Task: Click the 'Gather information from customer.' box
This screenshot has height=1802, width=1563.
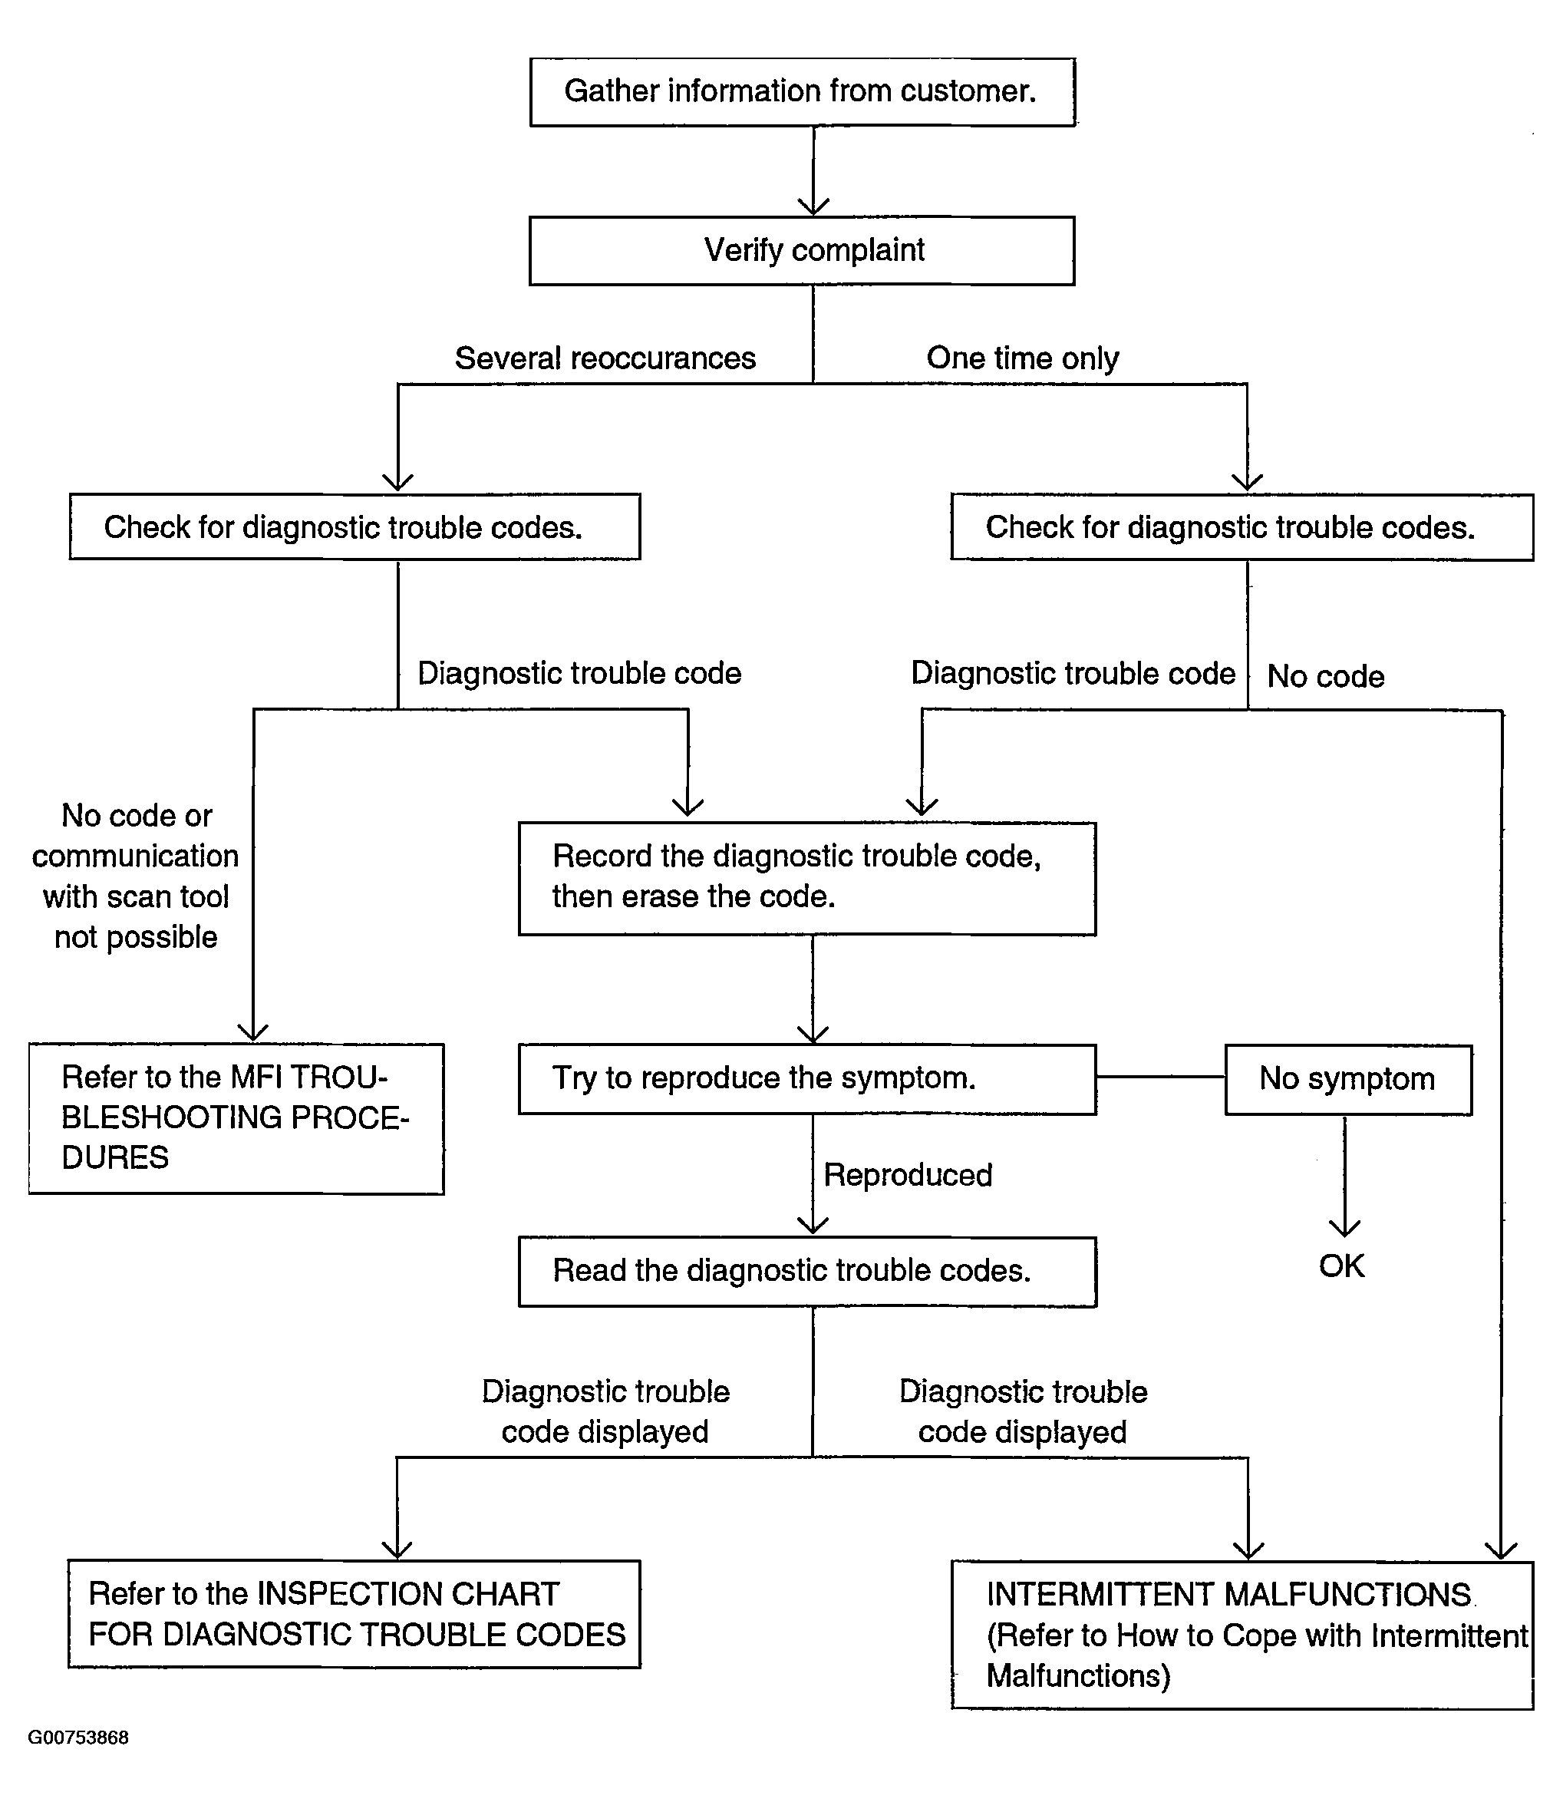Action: (803, 92)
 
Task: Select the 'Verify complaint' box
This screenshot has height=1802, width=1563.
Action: (802, 251)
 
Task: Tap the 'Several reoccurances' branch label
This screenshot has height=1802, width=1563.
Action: (605, 358)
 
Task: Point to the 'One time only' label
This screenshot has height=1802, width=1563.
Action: (1022, 358)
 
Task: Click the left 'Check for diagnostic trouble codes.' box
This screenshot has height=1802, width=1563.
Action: (355, 526)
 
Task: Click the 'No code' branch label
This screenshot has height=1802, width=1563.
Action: (1325, 677)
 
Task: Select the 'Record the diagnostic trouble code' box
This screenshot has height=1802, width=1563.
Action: (806, 878)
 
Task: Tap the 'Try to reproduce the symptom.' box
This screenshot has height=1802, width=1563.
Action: (806, 1079)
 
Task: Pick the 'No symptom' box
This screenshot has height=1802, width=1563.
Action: (1348, 1080)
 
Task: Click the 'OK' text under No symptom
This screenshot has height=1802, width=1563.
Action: (1341, 1266)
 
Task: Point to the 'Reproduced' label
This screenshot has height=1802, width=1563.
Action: (908, 1176)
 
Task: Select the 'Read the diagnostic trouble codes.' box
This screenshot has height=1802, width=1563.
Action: (806, 1272)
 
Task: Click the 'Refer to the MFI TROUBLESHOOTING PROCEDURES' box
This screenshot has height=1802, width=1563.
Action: (236, 1119)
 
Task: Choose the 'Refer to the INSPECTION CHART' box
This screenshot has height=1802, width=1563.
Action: (354, 1615)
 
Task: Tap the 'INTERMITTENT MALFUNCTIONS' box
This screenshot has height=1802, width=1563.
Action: (1242, 1635)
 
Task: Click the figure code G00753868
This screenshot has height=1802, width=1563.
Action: (78, 1738)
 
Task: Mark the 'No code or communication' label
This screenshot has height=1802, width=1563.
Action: (135, 876)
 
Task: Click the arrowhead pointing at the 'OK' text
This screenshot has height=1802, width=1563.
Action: (1345, 1227)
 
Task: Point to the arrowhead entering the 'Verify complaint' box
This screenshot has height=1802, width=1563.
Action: (814, 206)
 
